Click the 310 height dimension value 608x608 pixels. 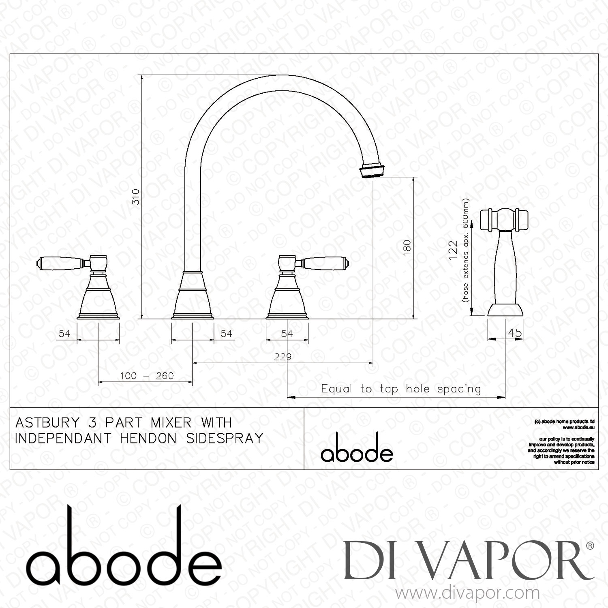click(x=136, y=197)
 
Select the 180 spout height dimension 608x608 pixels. click(x=407, y=247)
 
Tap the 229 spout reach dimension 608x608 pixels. click(x=283, y=357)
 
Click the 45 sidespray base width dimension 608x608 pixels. click(x=514, y=333)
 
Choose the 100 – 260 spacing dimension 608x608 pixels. click(x=147, y=376)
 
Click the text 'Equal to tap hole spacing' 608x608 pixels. click(x=401, y=389)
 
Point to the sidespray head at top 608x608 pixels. click(x=504, y=219)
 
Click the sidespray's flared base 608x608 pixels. click(x=505, y=310)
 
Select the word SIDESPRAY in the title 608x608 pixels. click(x=225, y=439)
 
